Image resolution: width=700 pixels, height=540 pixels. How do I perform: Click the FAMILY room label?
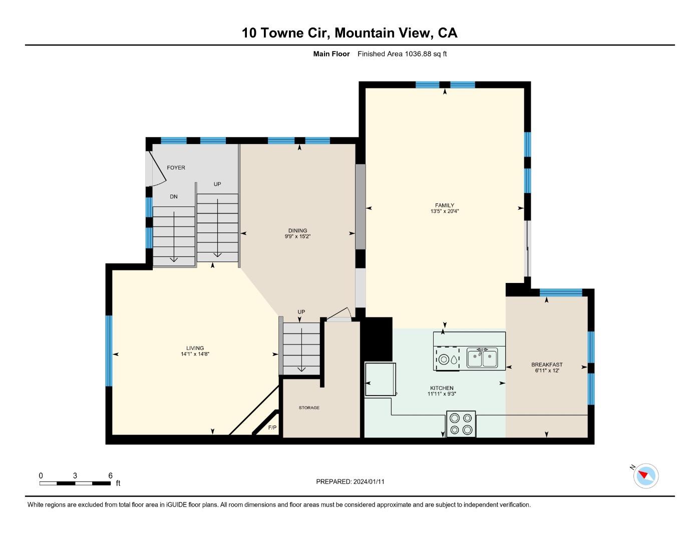tap(444, 205)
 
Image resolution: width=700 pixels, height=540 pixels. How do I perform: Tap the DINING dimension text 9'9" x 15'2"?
tap(297, 236)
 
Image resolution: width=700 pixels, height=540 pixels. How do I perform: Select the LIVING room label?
tap(195, 348)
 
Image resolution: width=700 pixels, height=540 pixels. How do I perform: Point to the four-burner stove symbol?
tap(461, 423)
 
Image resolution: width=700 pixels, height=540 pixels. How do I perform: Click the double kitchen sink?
tap(482, 358)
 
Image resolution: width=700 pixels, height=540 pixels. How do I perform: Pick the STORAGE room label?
tap(309, 407)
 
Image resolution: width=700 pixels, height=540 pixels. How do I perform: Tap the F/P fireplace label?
tap(272, 427)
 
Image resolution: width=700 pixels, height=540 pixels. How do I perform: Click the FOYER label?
tap(176, 167)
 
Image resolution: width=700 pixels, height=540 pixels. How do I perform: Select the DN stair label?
tap(173, 196)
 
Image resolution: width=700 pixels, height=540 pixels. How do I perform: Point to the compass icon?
tap(646, 475)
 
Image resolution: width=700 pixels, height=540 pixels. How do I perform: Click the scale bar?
tap(75, 483)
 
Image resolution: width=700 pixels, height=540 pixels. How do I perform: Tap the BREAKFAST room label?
tap(547, 364)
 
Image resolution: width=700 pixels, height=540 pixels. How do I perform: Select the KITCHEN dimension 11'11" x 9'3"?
tap(442, 394)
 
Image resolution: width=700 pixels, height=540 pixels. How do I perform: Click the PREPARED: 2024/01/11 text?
tap(350, 481)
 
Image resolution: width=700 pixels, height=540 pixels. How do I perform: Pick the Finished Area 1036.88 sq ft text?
tap(402, 53)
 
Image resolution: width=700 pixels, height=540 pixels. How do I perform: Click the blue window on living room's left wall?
tap(109, 350)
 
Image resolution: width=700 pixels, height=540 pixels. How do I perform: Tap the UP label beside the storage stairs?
tap(301, 311)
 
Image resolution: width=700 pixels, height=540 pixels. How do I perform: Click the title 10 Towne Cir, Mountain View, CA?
tap(349, 33)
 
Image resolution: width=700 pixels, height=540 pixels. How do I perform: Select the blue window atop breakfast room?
tap(561, 292)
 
